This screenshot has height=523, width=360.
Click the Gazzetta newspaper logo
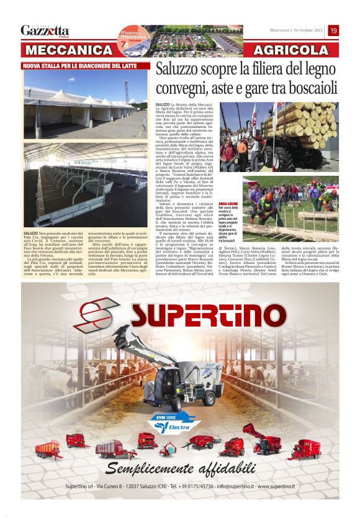coord(45,30)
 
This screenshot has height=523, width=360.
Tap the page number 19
coord(333,30)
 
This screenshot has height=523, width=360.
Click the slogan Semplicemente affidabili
coord(179,468)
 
